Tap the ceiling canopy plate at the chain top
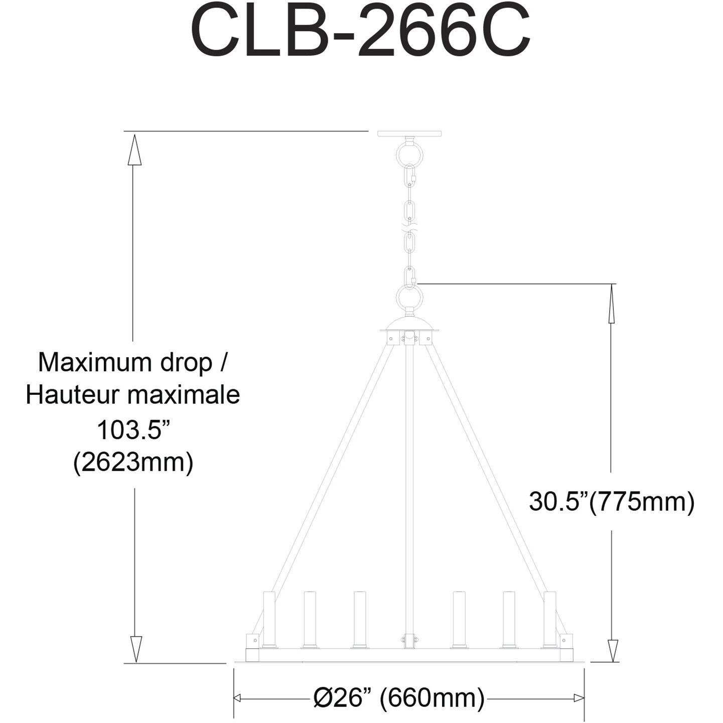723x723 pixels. point(409,134)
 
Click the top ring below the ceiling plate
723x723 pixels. point(410,154)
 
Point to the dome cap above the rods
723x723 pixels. point(410,324)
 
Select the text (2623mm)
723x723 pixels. point(133,462)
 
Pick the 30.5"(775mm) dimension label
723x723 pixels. point(612,502)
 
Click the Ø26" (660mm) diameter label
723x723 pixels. point(399,697)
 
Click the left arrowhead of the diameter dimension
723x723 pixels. point(239,698)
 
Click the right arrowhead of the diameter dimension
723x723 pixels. point(579,698)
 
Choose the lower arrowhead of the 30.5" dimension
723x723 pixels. point(612,651)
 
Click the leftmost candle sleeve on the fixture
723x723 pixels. point(269,619)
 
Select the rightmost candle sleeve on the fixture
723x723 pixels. point(550,619)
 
